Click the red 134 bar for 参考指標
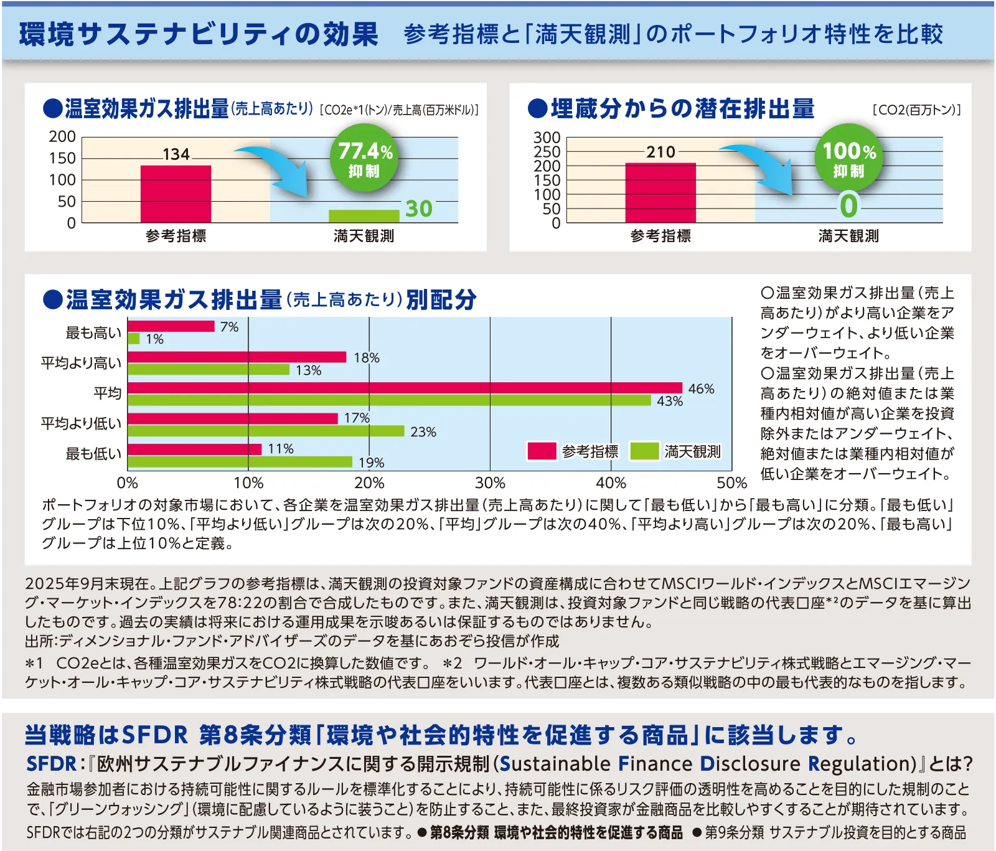coord(176,194)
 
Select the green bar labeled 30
coord(364,216)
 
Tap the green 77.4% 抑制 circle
coord(365,158)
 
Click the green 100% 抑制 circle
coord(849,158)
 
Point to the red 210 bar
coord(660,192)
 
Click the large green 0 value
coord(849,206)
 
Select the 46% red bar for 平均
coord(405,388)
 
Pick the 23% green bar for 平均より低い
coord(266,431)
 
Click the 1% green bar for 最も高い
coord(133,339)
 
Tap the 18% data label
coord(366,358)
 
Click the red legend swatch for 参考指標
coord(541,451)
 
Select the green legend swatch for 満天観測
coord(644,451)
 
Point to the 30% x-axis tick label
coord(490,483)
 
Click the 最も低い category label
coord(93,454)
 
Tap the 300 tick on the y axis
coord(547,138)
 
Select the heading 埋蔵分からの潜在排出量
coord(682,109)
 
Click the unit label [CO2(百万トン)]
coord(916,110)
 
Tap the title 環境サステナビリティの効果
coord(199,34)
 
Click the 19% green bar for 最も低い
coord(240,462)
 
